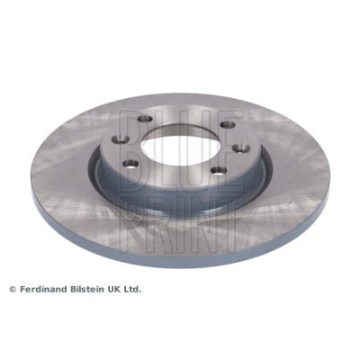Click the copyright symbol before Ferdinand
tap(13, 290)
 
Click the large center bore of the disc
tap(180, 145)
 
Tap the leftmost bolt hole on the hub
tap(120, 139)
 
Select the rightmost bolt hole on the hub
tap(241, 148)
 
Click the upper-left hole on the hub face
tap(145, 119)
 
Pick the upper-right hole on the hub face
tap(228, 124)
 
